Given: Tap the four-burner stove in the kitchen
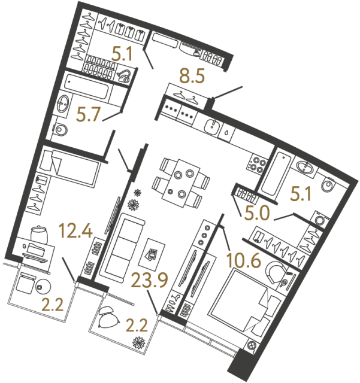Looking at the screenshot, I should tap(259, 165).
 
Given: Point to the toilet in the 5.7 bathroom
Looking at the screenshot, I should tap(59, 130).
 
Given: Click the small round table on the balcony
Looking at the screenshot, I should tap(43, 287).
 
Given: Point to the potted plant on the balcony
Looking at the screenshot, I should tap(139, 345).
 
